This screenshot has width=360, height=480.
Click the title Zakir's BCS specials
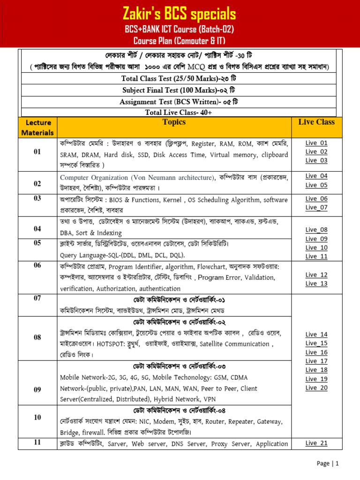tap(180, 13)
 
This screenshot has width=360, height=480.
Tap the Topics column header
tap(174, 122)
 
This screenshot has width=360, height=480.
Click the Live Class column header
tap(316, 122)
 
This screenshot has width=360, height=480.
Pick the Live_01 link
tap(316, 143)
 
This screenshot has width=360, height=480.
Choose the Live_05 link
tap(316, 185)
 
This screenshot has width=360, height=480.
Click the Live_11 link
tap(316, 256)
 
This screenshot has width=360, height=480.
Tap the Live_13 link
tap(316, 284)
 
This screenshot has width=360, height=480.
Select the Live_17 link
tap(316, 361)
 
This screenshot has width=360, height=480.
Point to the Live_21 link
tap(316, 443)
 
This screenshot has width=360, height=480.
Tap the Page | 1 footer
tap(327, 464)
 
